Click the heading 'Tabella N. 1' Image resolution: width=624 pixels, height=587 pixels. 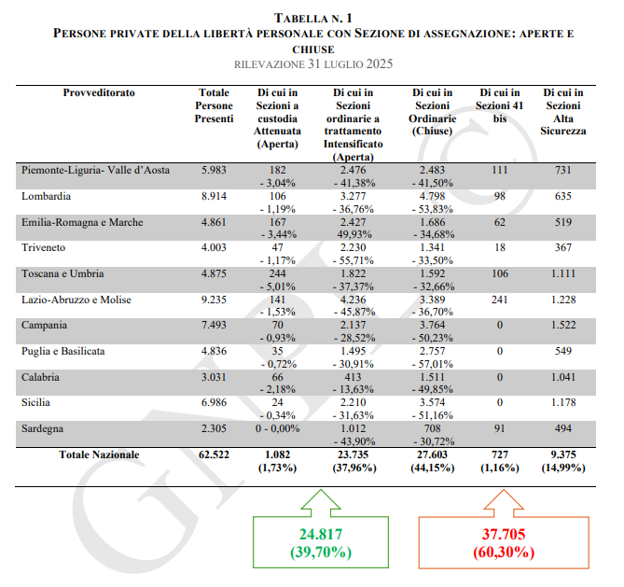pos(312,18)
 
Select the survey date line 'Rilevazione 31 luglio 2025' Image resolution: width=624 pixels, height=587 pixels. pos(312,64)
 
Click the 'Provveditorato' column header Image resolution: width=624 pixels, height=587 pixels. pos(99,93)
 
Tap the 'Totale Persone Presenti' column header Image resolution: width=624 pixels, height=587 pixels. pos(214,106)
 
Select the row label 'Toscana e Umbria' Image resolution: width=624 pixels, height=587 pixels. pos(63,273)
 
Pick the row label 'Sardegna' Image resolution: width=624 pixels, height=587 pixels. pos(43,428)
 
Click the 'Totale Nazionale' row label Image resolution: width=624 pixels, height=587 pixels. pos(100,454)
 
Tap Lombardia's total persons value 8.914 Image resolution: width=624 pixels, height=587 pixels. pos(214,197)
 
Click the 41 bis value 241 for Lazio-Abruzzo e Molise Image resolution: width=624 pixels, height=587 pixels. pos(498,300)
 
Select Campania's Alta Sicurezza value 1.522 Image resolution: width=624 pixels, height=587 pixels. pos(563,326)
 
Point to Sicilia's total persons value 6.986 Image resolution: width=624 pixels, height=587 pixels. pos(214,402)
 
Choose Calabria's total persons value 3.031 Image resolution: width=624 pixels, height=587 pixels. pos(214,377)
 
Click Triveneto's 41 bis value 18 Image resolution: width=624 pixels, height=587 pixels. pos(498,248)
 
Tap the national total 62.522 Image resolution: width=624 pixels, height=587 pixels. pos(214,454)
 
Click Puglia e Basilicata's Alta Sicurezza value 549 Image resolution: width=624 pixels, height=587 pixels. pos(563,351)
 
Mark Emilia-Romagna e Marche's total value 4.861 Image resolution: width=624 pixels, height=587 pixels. pos(214,223)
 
